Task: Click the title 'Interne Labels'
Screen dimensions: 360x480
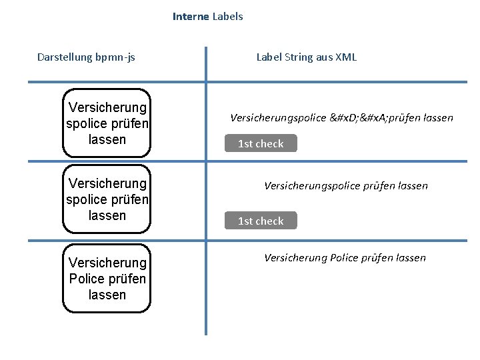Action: point(207,17)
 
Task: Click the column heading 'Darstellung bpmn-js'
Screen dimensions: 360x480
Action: point(86,57)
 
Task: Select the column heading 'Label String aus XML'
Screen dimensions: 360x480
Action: point(307,57)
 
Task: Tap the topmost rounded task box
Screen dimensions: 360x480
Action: point(107,123)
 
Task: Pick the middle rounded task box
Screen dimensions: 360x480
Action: point(107,199)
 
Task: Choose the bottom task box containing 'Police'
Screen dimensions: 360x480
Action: point(107,279)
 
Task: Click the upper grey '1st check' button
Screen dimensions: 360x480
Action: point(261,143)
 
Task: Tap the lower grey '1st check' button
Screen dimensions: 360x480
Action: point(261,221)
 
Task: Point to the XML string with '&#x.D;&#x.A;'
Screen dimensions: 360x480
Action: point(341,118)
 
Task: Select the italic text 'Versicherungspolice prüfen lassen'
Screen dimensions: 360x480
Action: point(346,186)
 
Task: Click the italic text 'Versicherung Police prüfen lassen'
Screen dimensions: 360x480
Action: point(345,258)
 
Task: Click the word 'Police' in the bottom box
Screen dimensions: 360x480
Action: point(86,279)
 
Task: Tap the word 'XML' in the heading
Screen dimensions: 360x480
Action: point(346,57)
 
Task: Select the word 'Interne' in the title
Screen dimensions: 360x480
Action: point(190,17)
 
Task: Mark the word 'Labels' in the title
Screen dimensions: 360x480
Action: point(227,17)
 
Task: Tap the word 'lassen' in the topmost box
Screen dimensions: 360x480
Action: point(107,140)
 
